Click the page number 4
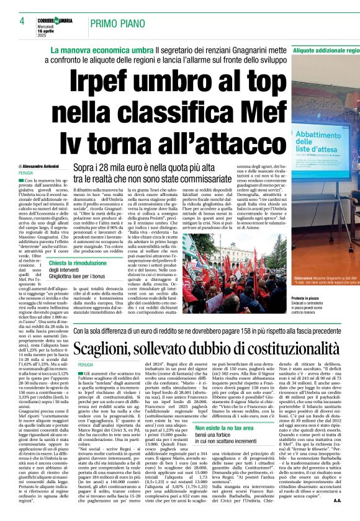point(22,20)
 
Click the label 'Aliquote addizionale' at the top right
point(325,49)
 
